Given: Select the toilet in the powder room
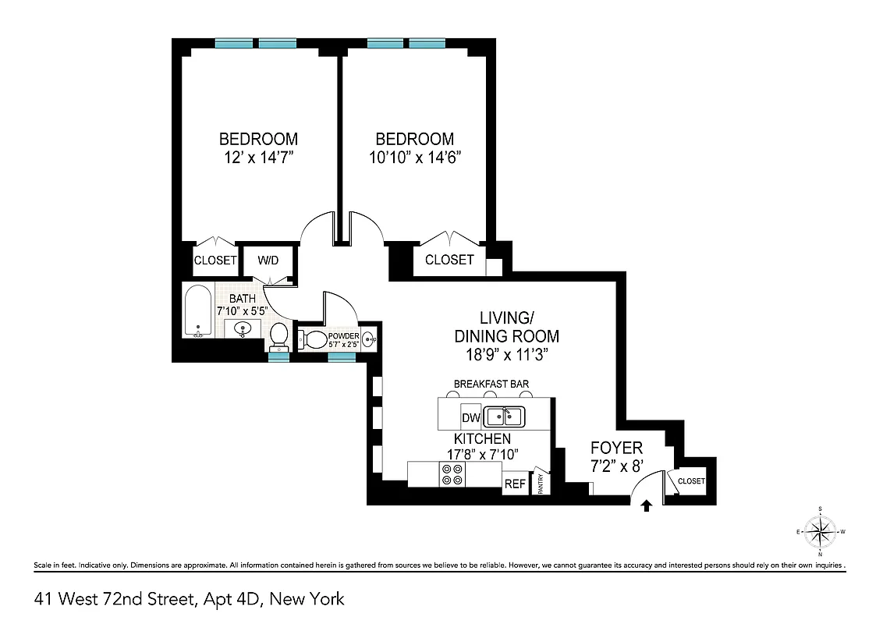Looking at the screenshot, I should point(314,339).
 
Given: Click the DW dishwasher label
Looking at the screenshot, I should point(471,417).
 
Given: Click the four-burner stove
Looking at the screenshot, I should point(452,474).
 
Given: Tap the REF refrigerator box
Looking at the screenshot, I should point(515,484).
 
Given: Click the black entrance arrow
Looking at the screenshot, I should point(646,506).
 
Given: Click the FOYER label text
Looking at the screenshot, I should point(616,448).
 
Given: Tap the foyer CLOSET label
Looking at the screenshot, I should point(691,481).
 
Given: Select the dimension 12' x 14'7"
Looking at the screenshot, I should point(258,157).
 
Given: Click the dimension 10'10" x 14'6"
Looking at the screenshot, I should point(414,157).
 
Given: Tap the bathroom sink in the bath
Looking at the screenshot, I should point(243,328).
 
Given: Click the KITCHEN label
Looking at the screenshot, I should point(482,439).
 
